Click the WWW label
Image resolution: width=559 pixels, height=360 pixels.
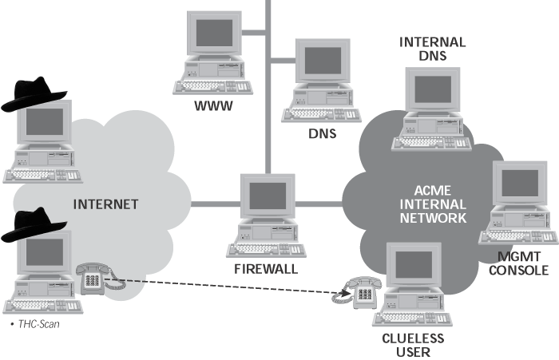(213, 106)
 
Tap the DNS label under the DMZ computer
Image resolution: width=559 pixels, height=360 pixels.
(323, 133)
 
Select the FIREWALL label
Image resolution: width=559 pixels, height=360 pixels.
(266, 269)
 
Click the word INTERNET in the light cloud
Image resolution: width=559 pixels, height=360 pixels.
(106, 204)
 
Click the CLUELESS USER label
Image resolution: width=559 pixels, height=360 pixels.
(413, 345)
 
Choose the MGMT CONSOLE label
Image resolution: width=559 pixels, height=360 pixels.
(519, 263)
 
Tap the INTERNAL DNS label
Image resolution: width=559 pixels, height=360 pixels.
(433, 49)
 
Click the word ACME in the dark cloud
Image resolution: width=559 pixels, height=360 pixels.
(433, 191)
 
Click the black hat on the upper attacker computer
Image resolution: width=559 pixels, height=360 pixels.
(34, 93)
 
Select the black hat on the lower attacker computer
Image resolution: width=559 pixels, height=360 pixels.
(34, 224)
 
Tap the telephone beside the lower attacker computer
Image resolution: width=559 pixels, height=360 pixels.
(97, 279)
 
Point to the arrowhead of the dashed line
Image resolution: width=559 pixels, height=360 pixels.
(345, 293)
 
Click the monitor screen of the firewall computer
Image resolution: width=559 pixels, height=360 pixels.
(268, 196)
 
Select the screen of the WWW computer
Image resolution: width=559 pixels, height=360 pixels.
(214, 33)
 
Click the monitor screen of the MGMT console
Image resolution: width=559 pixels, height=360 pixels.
(520, 184)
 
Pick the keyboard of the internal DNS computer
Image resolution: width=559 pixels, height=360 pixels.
(431, 144)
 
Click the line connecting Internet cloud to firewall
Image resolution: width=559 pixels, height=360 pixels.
(216, 204)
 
